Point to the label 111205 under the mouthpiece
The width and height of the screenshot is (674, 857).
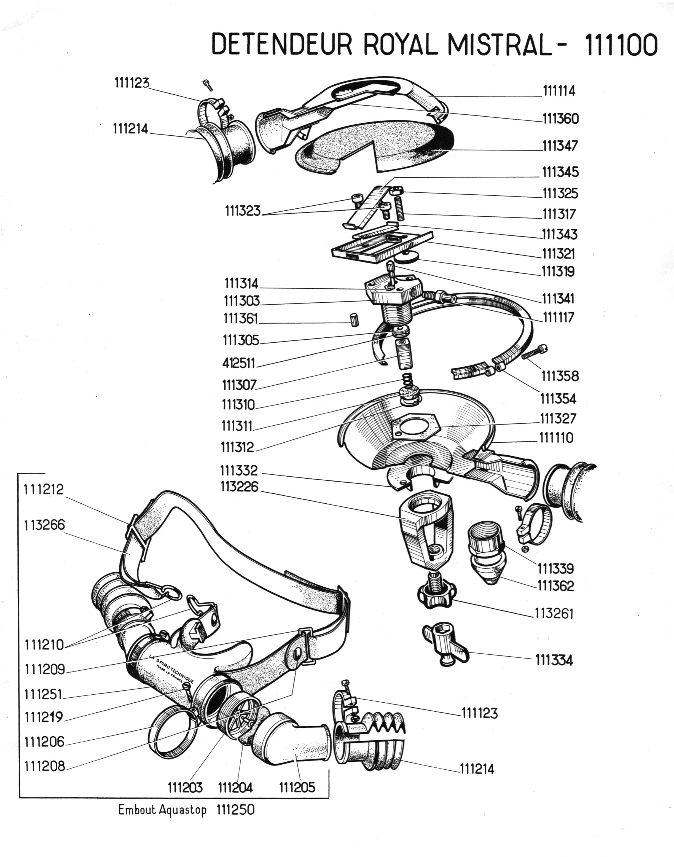tap(297, 788)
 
